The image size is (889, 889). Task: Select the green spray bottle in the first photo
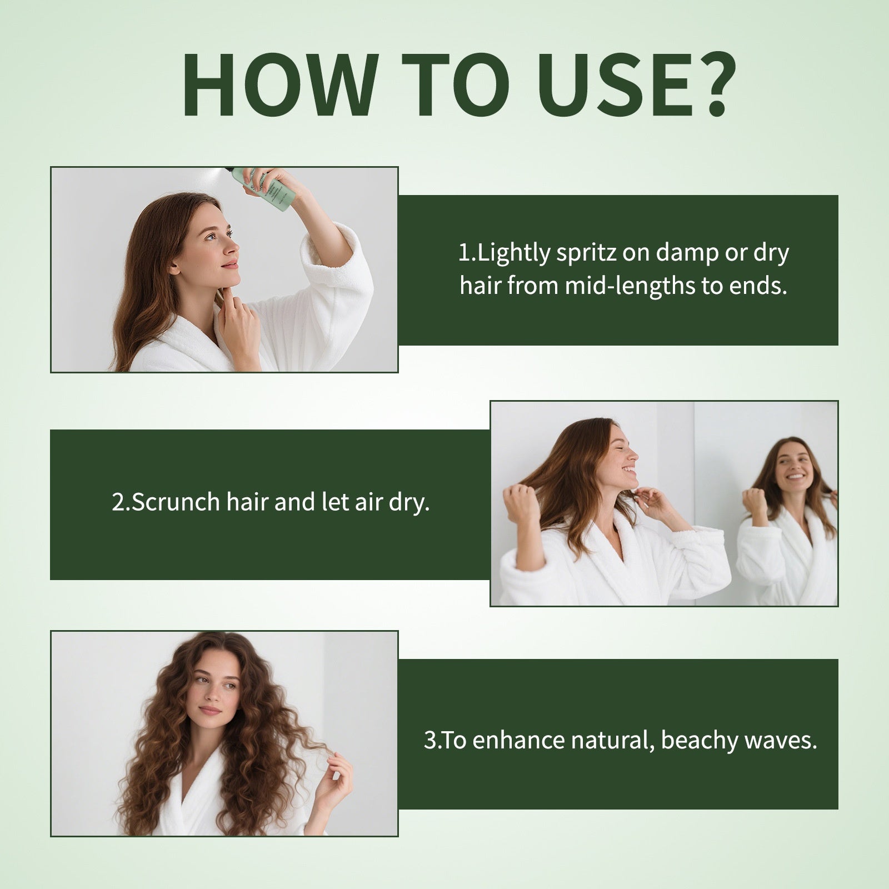point(261,189)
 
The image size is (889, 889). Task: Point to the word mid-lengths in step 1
point(630,286)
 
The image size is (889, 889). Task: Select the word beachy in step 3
point(698,741)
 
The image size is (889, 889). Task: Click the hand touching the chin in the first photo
point(242,322)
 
